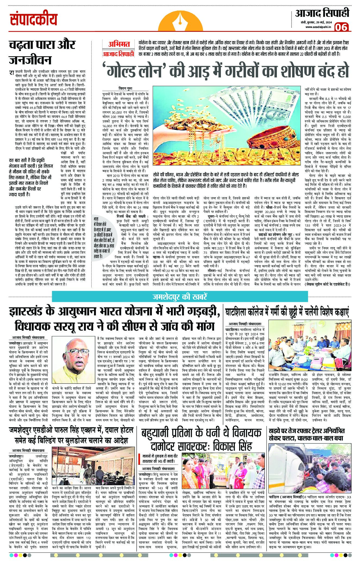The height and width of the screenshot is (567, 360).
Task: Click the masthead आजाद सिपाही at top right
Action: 322,13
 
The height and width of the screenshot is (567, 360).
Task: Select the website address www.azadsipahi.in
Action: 318,27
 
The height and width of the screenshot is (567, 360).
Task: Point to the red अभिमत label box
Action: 119,44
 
